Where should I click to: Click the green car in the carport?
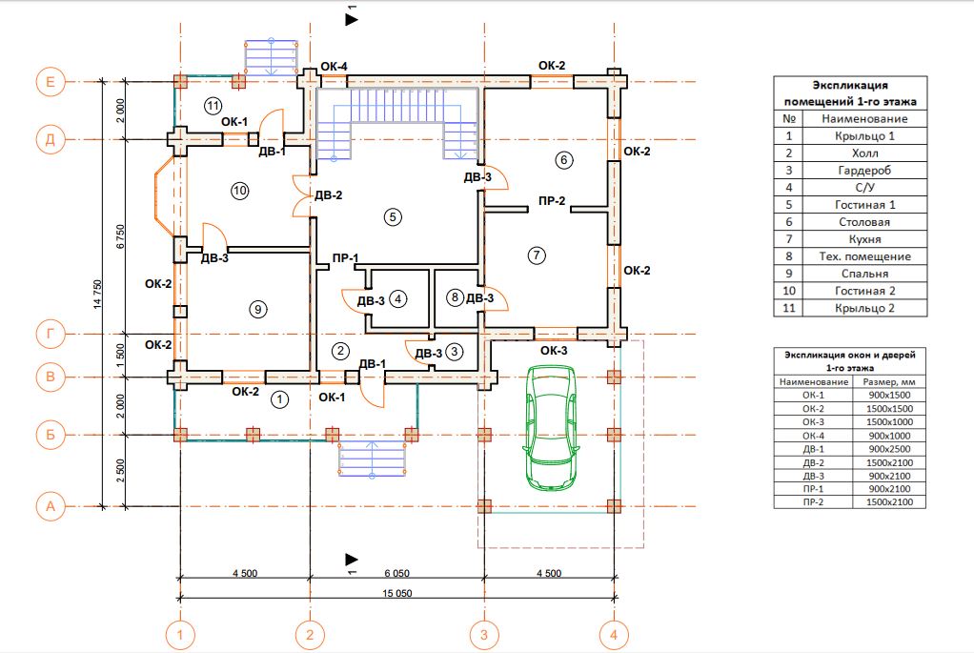tap(551, 427)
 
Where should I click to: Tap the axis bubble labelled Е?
tap(51, 82)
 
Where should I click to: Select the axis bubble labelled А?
tap(51, 506)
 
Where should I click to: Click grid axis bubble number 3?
tap(484, 635)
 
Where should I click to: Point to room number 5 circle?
tap(393, 216)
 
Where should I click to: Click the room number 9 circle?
tap(257, 309)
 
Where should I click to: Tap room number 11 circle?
tap(213, 106)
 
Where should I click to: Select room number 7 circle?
tap(537, 255)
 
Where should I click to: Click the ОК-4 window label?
tap(335, 67)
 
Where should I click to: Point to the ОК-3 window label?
tap(554, 351)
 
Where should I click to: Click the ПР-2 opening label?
tap(552, 201)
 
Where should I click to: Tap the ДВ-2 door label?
tap(329, 195)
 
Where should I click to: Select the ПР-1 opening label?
tap(345, 257)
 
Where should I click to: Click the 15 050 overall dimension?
tap(396, 593)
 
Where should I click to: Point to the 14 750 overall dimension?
tap(97, 295)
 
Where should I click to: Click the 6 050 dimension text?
tap(396, 574)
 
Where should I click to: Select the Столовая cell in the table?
tap(864, 222)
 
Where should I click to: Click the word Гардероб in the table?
tap(864, 171)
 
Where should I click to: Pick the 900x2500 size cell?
tap(889, 449)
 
